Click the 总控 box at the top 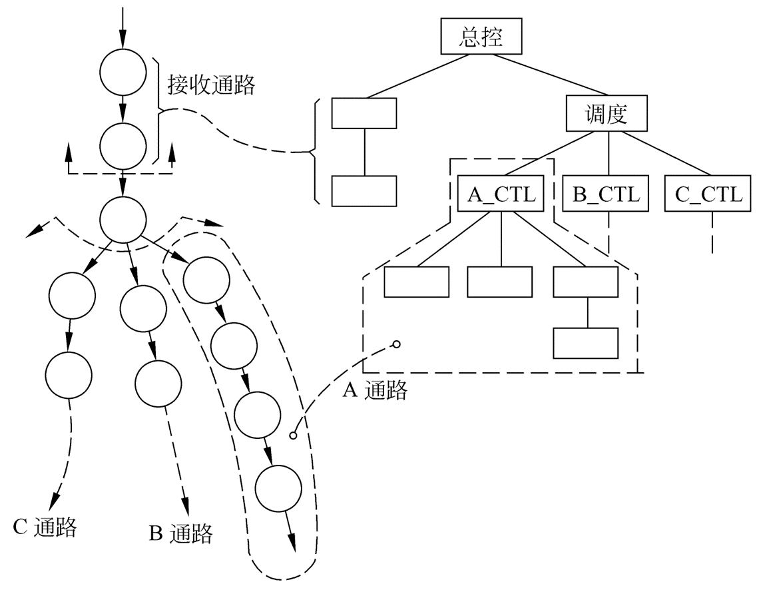click(x=481, y=37)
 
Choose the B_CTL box click(x=606, y=194)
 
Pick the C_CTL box click(x=708, y=194)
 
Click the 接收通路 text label click(x=210, y=85)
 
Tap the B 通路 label click(x=180, y=533)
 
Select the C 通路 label click(x=45, y=527)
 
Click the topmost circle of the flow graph click(x=123, y=72)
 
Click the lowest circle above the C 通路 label click(x=70, y=376)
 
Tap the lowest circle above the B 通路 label click(x=158, y=383)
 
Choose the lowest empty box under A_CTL click(x=586, y=343)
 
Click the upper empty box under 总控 click(x=364, y=113)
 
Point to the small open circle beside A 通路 click(x=396, y=344)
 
